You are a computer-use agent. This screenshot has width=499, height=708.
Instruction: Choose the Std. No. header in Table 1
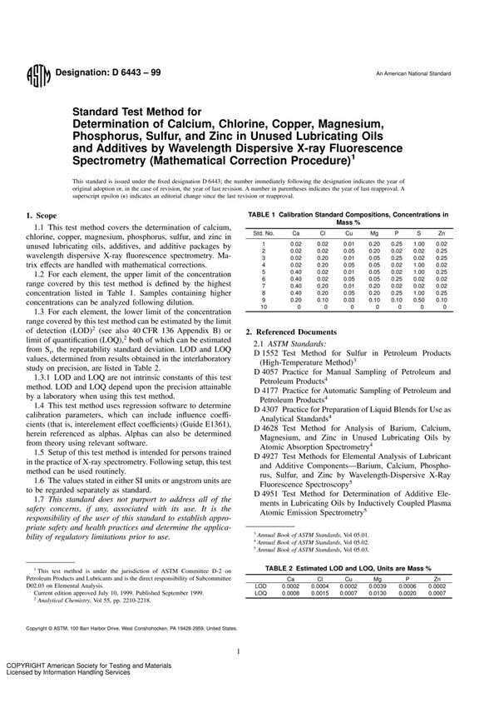(264, 234)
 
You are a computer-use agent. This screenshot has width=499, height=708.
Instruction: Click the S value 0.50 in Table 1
(419, 299)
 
